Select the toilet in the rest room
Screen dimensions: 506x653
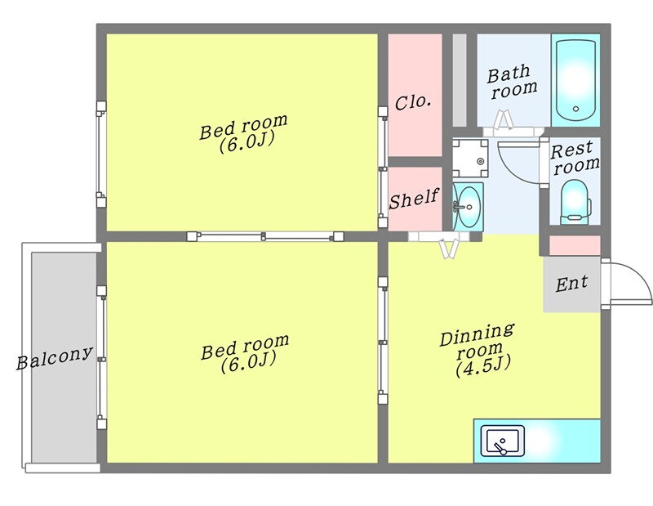(x=575, y=199)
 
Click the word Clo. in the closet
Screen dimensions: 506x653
(x=413, y=103)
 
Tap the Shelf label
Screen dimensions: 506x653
(x=414, y=199)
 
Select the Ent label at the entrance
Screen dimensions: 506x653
(x=571, y=284)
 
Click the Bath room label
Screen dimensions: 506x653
(x=512, y=79)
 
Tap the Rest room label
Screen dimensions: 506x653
(x=575, y=157)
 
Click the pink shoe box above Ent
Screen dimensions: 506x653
(x=575, y=244)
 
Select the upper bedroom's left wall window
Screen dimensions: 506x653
(x=100, y=154)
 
